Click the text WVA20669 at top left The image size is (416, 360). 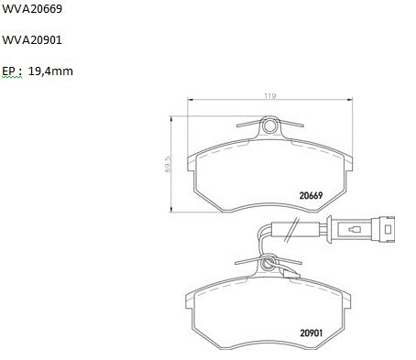32,9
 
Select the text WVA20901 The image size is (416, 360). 32,40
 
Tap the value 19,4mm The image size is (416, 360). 50,71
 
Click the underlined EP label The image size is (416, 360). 9,71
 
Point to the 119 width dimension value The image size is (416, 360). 270,96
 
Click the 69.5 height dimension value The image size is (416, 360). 168,164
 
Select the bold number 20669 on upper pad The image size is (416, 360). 311,195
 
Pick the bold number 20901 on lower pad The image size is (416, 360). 312,333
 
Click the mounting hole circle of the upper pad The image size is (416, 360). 270,125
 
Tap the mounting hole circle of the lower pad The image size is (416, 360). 268,263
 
